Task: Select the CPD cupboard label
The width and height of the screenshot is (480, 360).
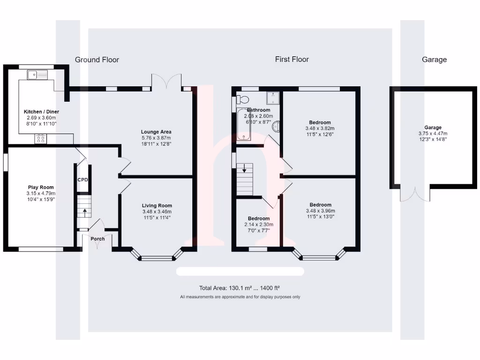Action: tap(83, 179)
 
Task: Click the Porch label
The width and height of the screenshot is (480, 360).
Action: tap(97, 239)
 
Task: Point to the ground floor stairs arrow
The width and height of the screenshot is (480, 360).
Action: tap(84, 211)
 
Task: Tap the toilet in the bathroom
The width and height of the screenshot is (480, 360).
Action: tap(241, 99)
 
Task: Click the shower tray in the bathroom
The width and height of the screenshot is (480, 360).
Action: tap(273, 97)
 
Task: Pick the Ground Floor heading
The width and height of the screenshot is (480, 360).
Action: tap(97, 60)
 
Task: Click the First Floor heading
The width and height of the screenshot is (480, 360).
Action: tap(292, 59)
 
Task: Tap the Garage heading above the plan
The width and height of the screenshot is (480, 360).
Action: tap(434, 60)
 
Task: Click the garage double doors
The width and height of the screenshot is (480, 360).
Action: tap(415, 194)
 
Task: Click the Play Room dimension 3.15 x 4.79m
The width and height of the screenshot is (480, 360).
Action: tap(41, 193)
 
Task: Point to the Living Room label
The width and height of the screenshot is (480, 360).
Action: tap(157, 205)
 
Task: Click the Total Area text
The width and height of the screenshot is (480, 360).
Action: tap(240, 288)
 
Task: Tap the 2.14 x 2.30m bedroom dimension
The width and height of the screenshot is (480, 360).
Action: tap(259, 225)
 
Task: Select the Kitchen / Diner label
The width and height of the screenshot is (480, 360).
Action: tap(41, 112)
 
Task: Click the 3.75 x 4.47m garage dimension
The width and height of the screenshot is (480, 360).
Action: tap(433, 133)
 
